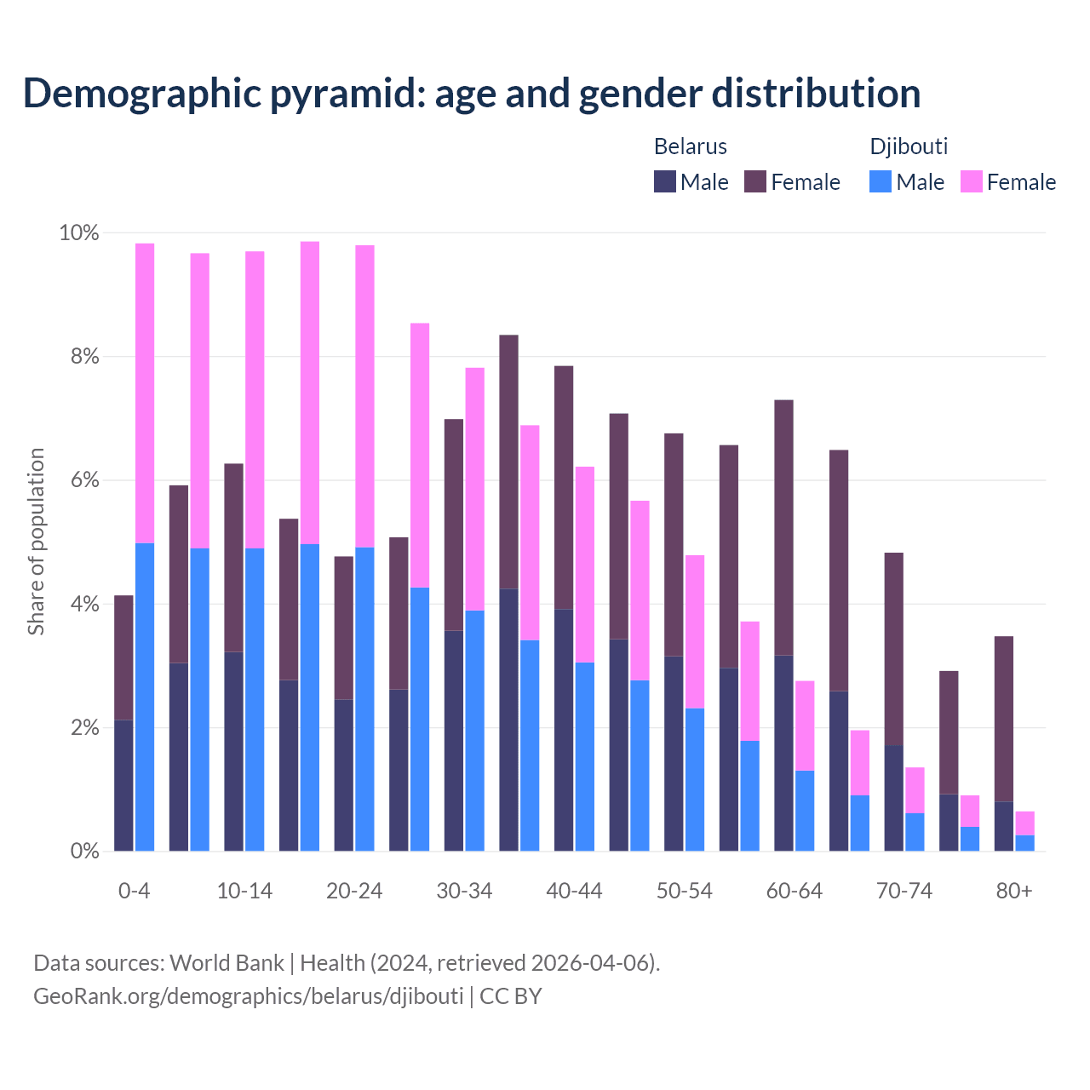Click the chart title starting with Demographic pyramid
(x=472, y=94)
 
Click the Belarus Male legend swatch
(x=665, y=181)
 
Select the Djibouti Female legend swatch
(x=972, y=181)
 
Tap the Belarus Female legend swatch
(x=756, y=181)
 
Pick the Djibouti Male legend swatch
(x=881, y=181)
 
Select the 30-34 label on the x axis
(x=464, y=892)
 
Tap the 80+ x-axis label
(x=1014, y=892)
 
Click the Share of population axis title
(x=37, y=542)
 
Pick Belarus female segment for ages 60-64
(x=784, y=528)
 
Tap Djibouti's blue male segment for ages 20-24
(x=364, y=699)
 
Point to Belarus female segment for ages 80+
(x=1004, y=719)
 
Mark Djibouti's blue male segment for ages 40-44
(x=585, y=756)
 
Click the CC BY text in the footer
(x=511, y=996)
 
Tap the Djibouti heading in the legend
(x=909, y=146)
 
